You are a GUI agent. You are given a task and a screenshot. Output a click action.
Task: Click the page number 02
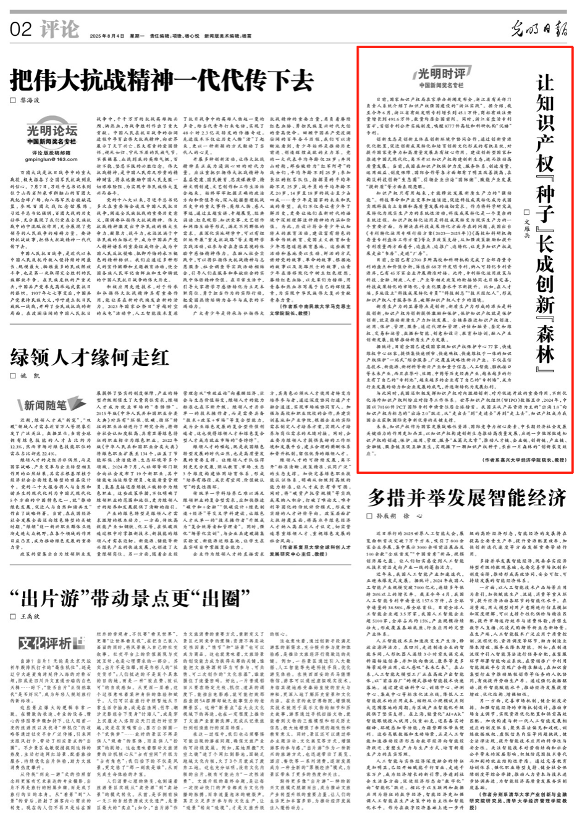(x=20, y=28)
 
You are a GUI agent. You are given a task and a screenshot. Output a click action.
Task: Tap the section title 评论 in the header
(x=59, y=29)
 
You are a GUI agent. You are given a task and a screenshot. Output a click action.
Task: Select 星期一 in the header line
(x=137, y=36)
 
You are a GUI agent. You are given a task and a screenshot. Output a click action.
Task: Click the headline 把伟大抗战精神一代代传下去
(x=161, y=80)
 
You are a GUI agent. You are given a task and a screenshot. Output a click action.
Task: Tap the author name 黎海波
(x=30, y=100)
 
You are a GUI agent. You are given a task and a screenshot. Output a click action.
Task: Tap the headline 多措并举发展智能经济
(x=467, y=497)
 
